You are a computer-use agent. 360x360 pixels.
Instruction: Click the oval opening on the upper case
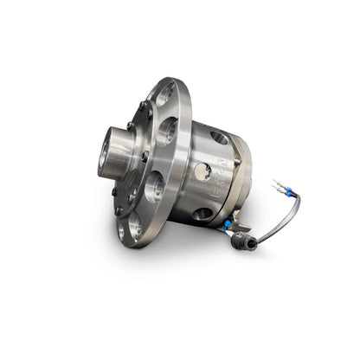click(220, 137)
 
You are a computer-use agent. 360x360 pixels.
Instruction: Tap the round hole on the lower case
click(203, 214)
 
